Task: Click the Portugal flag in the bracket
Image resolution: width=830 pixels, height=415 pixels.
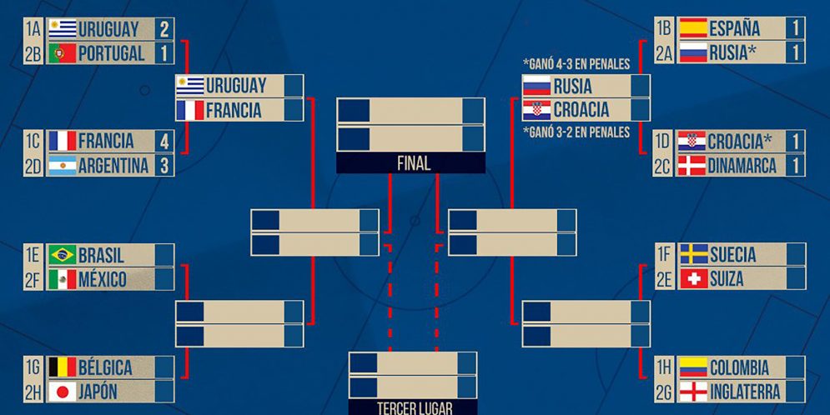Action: [63, 53]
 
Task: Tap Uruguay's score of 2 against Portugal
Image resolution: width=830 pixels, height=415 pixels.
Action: [163, 29]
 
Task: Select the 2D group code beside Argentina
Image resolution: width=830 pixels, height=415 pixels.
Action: [33, 166]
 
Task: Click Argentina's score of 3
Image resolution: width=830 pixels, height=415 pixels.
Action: [163, 166]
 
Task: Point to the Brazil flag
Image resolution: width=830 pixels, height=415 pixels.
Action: [63, 255]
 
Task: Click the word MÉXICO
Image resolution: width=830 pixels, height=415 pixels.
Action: [103, 279]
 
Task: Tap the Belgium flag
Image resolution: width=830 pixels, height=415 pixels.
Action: [63, 367]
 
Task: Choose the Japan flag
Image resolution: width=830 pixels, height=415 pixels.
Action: [63, 392]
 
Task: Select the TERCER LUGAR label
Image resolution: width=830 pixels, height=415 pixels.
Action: [413, 408]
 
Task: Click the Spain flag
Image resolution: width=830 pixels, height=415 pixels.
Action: [692, 28]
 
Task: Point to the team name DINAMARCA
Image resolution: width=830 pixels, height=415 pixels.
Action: [743, 166]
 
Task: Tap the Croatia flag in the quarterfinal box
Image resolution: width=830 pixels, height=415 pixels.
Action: [536, 110]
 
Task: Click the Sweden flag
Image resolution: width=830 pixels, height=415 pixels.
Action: [693, 254]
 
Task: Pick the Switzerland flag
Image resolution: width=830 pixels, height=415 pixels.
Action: [693, 278]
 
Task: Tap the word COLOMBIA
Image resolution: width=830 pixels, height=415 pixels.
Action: [738, 367]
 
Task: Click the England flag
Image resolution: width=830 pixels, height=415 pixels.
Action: [693, 392]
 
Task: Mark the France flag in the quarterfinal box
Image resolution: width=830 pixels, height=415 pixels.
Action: [189, 110]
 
